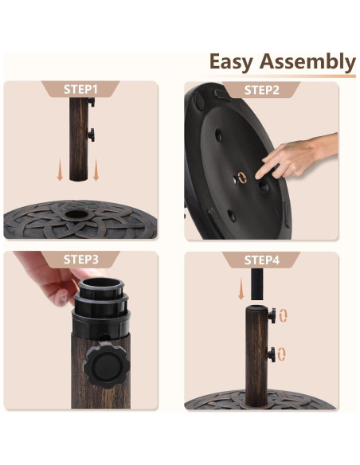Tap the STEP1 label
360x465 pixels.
(x=80, y=90)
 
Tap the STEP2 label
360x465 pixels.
(x=261, y=90)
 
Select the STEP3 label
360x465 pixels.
(x=80, y=260)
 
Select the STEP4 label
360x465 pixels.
(x=261, y=260)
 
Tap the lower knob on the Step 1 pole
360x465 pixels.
(x=94, y=135)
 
